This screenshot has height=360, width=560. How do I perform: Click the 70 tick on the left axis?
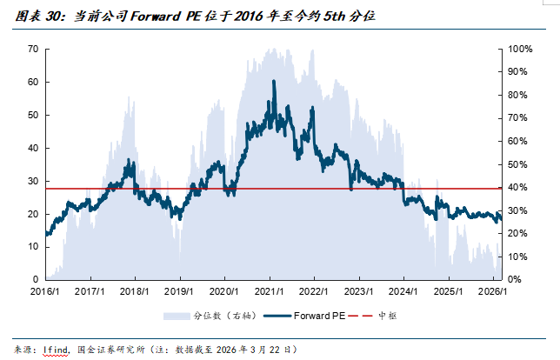point(32,49)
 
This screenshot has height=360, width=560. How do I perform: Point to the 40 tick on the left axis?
point(32,148)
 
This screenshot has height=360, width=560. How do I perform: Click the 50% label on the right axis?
point(517,164)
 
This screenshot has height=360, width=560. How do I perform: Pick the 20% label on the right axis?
point(517,233)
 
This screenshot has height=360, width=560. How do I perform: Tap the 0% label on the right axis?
point(515,279)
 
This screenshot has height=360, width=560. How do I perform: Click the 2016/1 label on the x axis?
point(45,292)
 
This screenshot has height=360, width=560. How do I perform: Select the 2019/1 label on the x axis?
point(178,292)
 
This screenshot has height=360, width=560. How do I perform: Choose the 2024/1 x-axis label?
point(403,292)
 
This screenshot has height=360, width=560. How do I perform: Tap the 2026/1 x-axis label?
point(492,292)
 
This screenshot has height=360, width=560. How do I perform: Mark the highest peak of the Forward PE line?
point(274,81)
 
